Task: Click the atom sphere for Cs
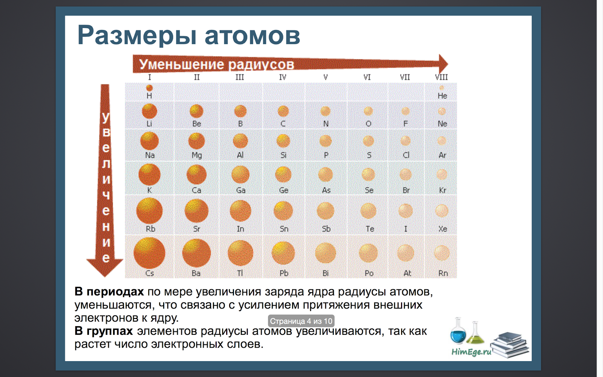[x=149, y=253]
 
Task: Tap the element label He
[x=442, y=96]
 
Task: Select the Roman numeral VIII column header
[x=441, y=77]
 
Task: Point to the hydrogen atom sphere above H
[x=149, y=88]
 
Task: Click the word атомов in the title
[x=252, y=35]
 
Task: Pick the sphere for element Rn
[x=442, y=253]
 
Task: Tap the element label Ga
[x=240, y=190]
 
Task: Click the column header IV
[x=283, y=77]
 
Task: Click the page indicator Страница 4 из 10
[x=301, y=321]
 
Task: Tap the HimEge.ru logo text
[x=471, y=352]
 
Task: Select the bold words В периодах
[x=109, y=292]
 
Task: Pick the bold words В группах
[x=104, y=331]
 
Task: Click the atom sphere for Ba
[x=196, y=253]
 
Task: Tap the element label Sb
[x=326, y=229]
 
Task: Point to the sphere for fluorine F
[x=406, y=111]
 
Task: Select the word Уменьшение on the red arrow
[x=182, y=64]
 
